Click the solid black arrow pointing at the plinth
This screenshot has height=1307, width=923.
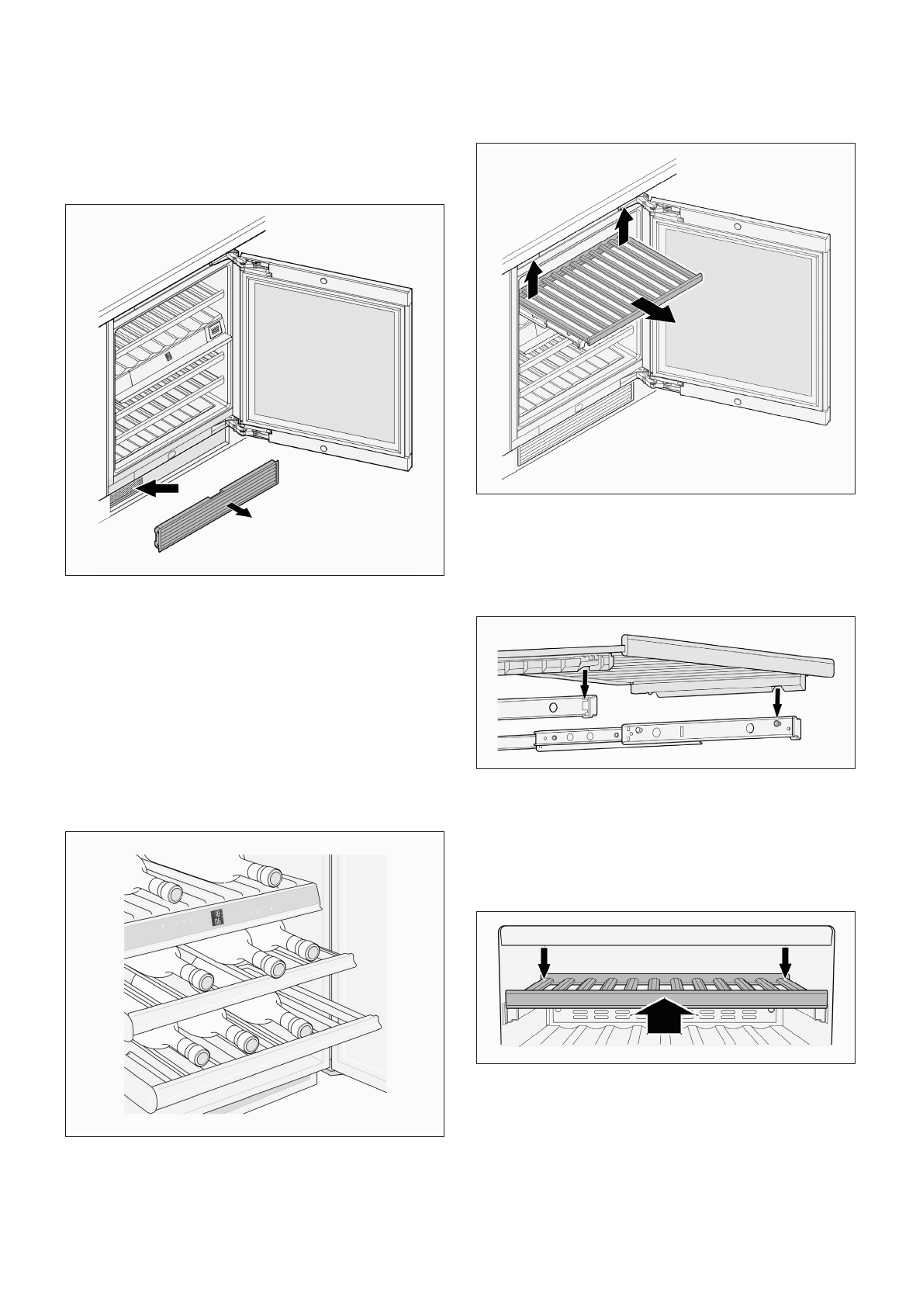[160, 487]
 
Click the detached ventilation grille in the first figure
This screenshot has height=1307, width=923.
[216, 504]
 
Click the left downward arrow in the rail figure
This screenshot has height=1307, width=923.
[585, 685]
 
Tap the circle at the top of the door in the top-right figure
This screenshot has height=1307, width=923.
[737, 227]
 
